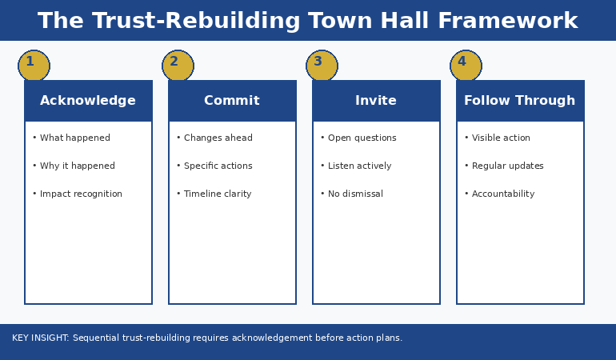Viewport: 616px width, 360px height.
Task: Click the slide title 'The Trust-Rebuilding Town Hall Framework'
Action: (308, 21)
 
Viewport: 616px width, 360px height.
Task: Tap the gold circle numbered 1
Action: (34, 66)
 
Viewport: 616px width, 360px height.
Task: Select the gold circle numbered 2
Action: (178, 66)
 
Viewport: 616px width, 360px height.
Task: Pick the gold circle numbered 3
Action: (322, 66)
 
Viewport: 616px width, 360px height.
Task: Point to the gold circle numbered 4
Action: (466, 66)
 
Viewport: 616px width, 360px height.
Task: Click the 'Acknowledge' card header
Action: (88, 101)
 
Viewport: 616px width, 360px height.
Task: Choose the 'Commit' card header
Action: (232, 101)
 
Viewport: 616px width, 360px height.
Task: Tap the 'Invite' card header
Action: (376, 101)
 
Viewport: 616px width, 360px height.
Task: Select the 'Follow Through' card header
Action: (520, 101)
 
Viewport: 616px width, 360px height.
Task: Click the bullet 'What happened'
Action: (74, 138)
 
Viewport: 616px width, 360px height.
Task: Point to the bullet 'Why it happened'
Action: (77, 166)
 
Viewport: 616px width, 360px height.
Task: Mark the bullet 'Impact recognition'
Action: (80, 194)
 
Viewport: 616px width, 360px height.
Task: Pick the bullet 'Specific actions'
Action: (218, 166)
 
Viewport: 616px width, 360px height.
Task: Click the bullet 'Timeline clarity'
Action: (217, 194)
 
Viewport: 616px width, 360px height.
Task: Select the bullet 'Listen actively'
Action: (359, 166)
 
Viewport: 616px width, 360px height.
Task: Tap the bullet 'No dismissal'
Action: (355, 194)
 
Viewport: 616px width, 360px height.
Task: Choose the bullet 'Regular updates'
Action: (507, 166)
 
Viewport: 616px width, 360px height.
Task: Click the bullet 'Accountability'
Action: (502, 194)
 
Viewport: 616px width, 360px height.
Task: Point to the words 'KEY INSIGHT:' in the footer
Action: (41, 338)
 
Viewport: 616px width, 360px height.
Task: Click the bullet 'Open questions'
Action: (362, 138)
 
